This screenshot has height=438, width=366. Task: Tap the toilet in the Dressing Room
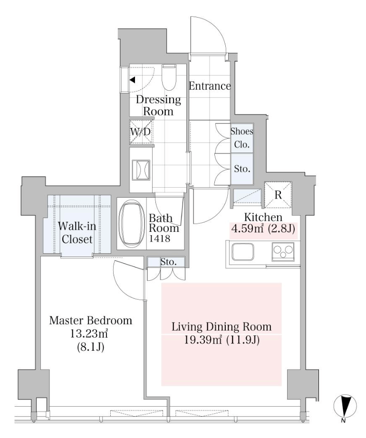click(169, 77)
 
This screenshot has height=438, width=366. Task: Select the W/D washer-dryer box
click(141, 131)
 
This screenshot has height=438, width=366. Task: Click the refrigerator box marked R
click(278, 195)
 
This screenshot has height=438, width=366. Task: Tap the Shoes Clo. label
click(242, 138)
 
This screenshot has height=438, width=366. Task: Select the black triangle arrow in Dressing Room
click(133, 80)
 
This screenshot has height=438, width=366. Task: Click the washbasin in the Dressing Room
click(141, 171)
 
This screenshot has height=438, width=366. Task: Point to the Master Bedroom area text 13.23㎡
click(90, 333)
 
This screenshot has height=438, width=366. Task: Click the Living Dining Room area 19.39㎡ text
click(203, 340)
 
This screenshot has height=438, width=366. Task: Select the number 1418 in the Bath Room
click(160, 238)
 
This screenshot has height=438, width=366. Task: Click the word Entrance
click(210, 86)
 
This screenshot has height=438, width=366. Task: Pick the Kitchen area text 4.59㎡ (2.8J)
click(263, 229)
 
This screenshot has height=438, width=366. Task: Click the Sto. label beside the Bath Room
click(168, 262)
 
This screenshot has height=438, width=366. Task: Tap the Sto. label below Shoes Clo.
click(242, 169)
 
